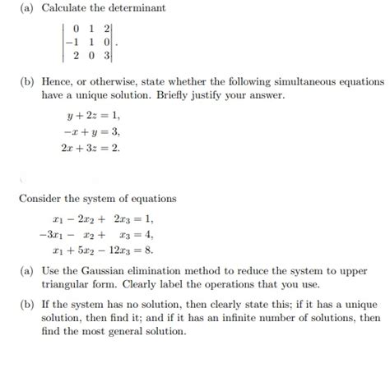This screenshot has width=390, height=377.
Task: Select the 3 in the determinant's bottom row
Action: click(108, 57)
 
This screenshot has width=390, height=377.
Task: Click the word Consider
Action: click(40, 199)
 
